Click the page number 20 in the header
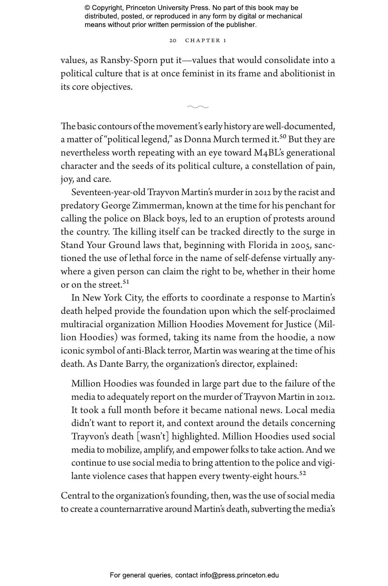(173, 41)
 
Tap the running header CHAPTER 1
(206, 41)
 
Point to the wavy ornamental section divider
(198, 107)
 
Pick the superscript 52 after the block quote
(302, 473)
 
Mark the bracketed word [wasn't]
(153, 437)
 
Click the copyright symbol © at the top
(87, 8)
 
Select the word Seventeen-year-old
(108, 193)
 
